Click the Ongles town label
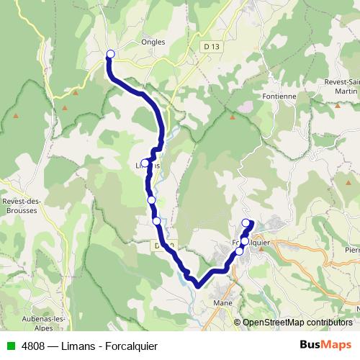tap(154, 42)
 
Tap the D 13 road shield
tap(210, 47)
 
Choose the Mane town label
tap(222, 304)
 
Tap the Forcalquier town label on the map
tap(251, 242)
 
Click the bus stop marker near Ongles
tap(111, 54)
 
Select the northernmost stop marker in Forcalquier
tap(246, 222)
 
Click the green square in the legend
tap(11, 346)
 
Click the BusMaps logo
tap(326, 344)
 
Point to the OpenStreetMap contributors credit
tap(297, 323)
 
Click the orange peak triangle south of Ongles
tap(65, 107)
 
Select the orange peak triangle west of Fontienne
tap(233, 115)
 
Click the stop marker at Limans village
tap(145, 163)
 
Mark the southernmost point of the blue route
tap(199, 286)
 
